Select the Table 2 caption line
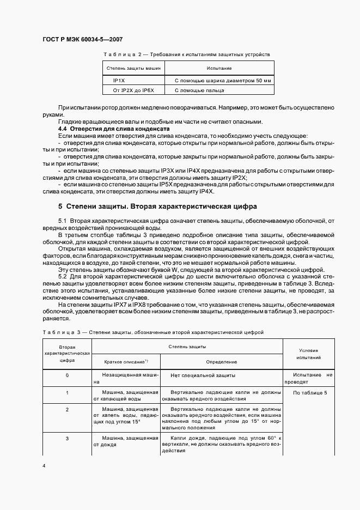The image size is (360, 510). [x=186, y=54]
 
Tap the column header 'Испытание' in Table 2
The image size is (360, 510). [x=219, y=69]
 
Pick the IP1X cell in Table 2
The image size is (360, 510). [x=118, y=80]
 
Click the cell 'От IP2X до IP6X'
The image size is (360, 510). [x=133, y=90]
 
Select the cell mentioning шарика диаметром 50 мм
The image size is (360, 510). [x=222, y=80]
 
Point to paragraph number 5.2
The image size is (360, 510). [x=63, y=276]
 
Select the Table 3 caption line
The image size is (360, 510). [x=152, y=331]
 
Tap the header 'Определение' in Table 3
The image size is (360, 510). [x=221, y=362]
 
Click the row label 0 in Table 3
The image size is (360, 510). [x=67, y=375]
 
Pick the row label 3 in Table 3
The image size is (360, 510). [x=67, y=438]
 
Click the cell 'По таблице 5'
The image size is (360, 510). [x=309, y=393]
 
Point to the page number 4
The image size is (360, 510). [x=44, y=466]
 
